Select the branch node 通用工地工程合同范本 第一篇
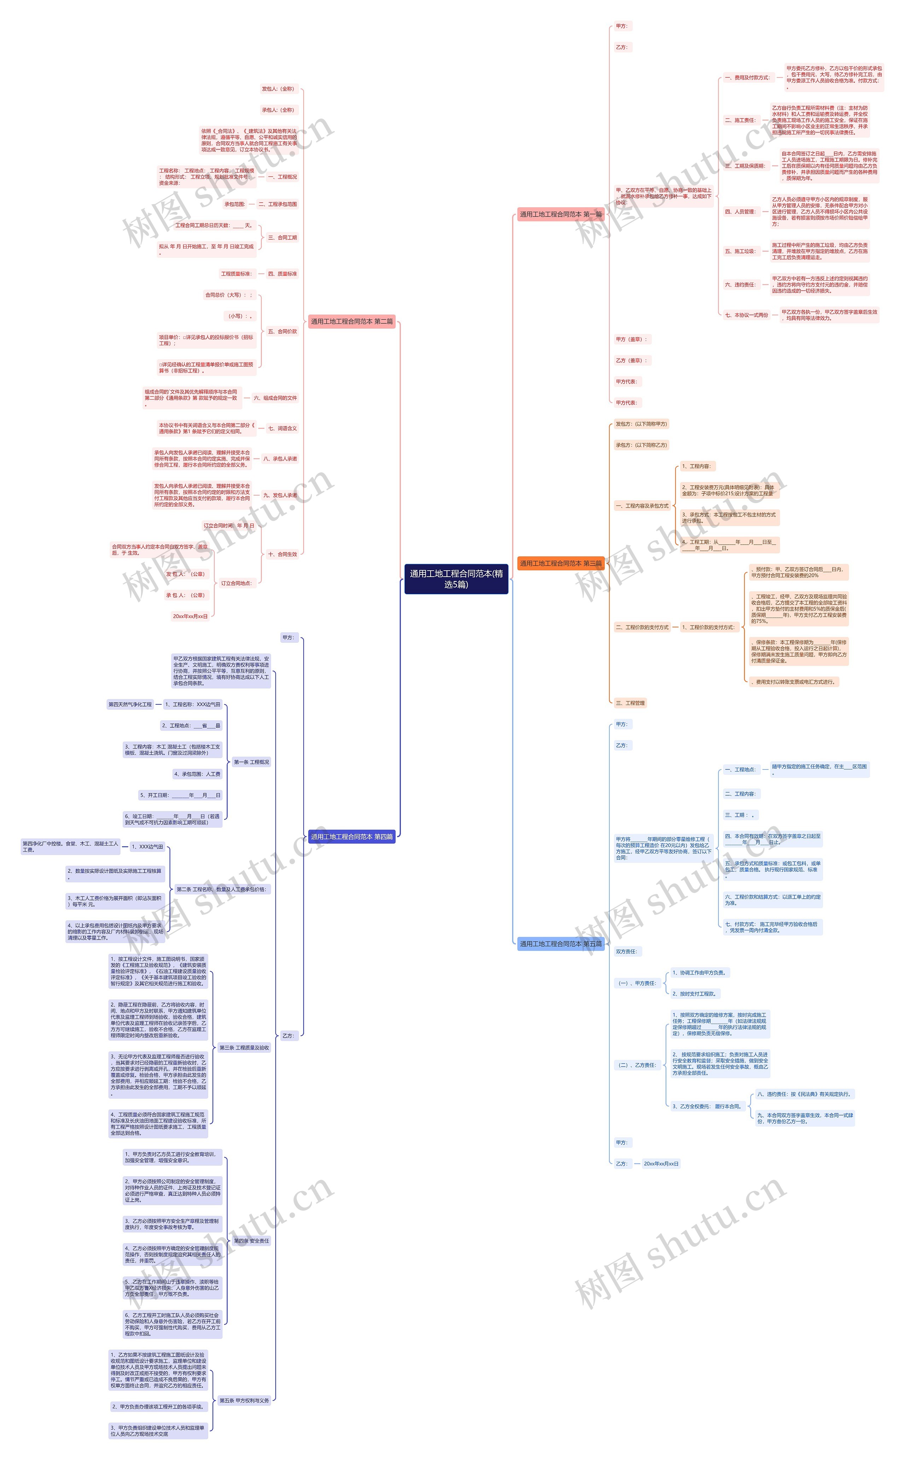560,214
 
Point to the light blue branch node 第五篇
560,944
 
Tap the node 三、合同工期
282,238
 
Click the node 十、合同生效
282,555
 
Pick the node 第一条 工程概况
251,762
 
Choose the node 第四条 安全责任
251,1241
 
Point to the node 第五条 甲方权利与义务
244,1401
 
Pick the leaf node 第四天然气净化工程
130,705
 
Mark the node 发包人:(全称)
278,89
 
